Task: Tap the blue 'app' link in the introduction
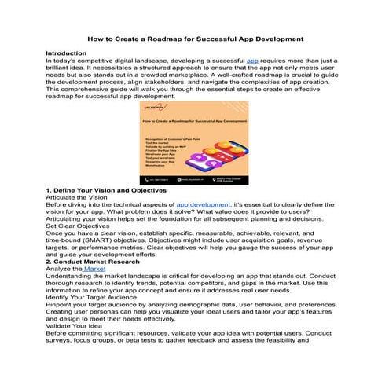pyautogui.click(x=252, y=60)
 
